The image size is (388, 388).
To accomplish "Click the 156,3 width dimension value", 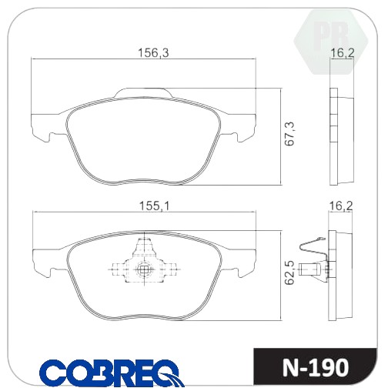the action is coord(153,53).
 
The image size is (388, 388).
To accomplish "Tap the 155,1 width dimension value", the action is coord(154,206).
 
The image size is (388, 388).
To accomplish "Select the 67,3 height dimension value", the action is coord(289,134).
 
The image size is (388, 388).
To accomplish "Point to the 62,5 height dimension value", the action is coord(289,273).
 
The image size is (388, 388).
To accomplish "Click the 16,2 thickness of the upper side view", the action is coord(343,53).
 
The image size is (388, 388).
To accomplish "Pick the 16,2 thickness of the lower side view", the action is coord(341,206).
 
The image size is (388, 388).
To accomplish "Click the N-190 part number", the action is coord(316,368).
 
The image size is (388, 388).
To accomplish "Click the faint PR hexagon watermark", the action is coord(331,41).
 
